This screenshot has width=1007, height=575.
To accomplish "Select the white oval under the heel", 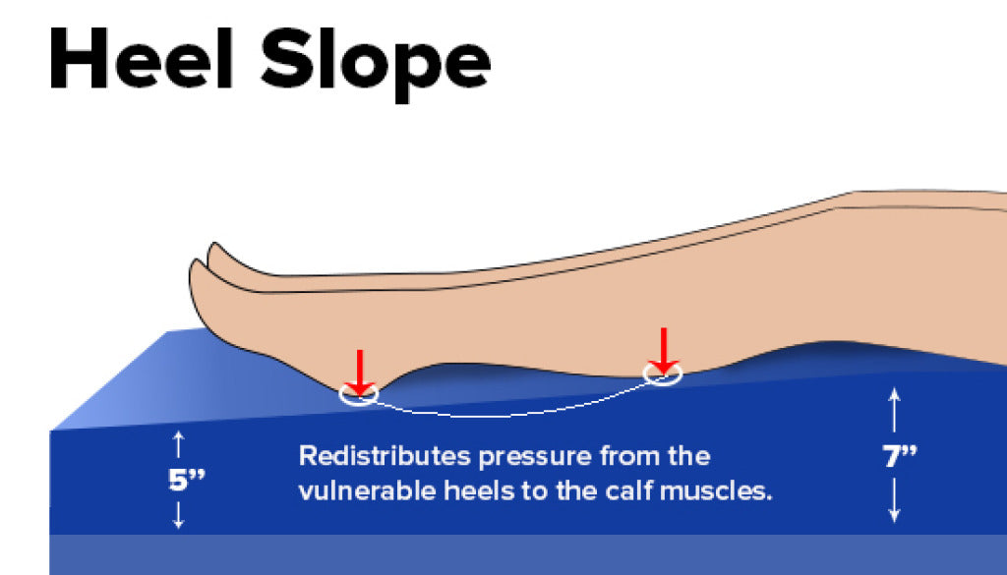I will (359, 395).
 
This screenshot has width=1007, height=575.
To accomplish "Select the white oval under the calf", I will (662, 374).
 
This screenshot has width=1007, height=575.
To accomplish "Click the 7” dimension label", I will (898, 458).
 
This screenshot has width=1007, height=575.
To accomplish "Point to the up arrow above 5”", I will (178, 444).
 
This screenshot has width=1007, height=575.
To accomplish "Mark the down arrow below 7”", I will (895, 501).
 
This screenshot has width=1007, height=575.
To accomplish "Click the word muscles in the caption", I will (729, 489).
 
